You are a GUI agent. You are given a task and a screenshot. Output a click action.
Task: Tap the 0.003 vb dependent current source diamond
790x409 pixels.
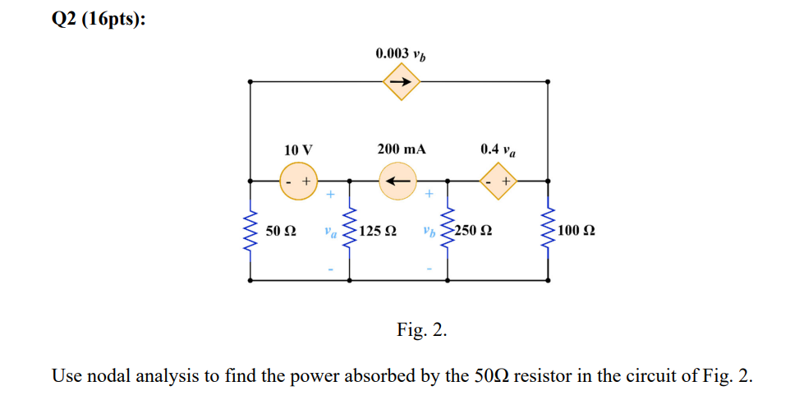401,82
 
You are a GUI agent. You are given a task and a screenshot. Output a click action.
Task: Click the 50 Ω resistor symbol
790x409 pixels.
250,230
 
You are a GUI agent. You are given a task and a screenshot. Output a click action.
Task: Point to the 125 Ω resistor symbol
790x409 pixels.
351,230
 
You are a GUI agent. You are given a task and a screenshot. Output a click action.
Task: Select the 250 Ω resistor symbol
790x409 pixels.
448,230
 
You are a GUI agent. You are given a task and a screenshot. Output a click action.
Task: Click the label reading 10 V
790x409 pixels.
298,149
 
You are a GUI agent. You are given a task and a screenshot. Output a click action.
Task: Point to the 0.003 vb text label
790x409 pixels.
401,54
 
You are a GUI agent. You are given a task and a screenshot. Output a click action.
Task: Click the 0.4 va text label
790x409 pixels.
498,149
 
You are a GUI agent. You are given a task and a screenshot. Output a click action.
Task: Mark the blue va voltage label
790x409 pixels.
330,232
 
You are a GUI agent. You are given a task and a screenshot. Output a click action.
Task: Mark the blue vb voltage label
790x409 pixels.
429,232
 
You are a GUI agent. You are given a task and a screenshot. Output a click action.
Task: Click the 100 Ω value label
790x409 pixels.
576,231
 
